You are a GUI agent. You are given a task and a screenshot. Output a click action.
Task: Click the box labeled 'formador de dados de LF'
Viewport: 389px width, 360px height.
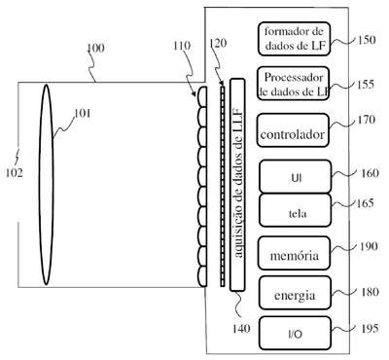(x=294, y=39)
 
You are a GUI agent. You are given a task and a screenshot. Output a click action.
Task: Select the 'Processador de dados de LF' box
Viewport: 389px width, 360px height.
(x=294, y=84)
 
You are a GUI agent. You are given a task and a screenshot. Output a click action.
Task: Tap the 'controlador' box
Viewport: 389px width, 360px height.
(x=293, y=130)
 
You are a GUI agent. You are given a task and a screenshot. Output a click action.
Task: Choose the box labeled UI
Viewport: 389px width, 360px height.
(x=296, y=176)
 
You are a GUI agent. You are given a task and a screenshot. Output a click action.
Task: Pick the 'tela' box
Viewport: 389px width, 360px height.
(x=296, y=210)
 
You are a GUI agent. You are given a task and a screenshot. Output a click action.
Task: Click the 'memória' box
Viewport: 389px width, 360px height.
(x=295, y=253)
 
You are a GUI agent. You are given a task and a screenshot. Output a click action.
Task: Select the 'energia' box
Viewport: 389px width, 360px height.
(x=295, y=293)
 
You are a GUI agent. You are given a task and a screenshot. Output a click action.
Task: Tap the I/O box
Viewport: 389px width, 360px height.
(x=296, y=333)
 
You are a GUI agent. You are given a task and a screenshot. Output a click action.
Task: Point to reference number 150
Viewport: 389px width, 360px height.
(x=367, y=40)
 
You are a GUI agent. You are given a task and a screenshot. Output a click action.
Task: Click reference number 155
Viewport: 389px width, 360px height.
(x=366, y=85)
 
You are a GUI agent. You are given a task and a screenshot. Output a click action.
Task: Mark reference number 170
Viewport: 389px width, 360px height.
(x=367, y=120)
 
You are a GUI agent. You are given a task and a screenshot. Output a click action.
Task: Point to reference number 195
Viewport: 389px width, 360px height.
(x=370, y=328)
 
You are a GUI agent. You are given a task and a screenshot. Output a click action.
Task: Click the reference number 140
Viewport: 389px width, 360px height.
(x=241, y=329)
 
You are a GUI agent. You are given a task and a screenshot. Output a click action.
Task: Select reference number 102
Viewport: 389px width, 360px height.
(x=15, y=173)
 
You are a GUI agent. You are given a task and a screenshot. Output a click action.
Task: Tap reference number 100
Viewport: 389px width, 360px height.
(x=96, y=48)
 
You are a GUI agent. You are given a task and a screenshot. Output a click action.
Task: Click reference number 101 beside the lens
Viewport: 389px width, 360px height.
(x=83, y=113)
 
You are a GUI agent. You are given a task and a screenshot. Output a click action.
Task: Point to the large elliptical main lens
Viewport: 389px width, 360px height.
(x=47, y=185)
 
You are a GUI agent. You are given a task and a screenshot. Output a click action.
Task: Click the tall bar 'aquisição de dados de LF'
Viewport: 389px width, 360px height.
(x=237, y=185)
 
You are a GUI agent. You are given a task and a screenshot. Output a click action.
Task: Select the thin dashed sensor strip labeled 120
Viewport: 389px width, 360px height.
(x=223, y=186)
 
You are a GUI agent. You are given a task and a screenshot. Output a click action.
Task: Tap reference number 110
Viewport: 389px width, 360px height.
(x=182, y=46)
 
